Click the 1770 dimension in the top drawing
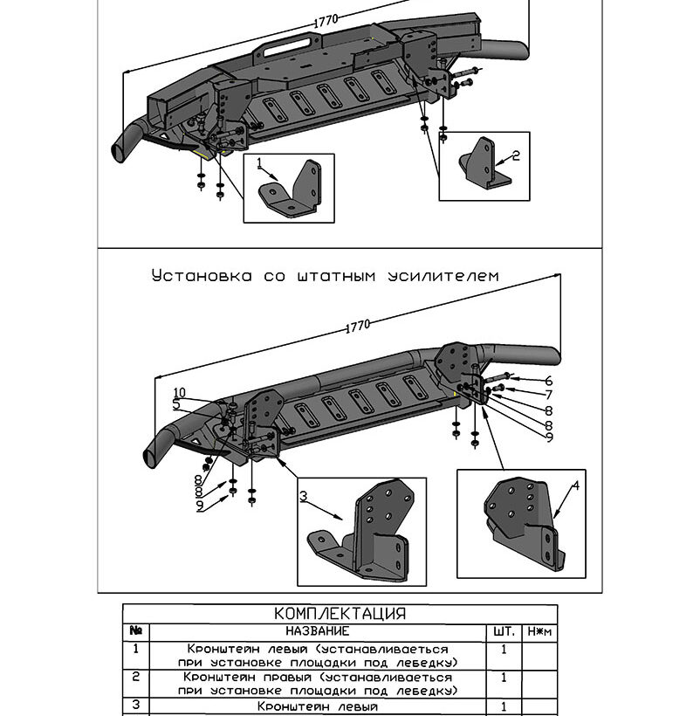click(326, 21)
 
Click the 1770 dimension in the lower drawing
click(358, 326)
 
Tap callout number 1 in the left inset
click(259, 162)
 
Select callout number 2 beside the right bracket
click(516, 155)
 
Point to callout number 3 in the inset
click(304, 496)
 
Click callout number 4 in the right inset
click(576, 485)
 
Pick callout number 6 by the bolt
click(548, 381)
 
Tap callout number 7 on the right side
click(549, 395)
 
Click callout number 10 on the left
click(180, 392)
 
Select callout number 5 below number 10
click(176, 403)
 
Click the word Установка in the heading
click(202, 276)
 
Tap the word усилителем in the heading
click(443, 276)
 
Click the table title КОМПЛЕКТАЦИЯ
click(340, 613)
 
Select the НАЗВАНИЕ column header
click(318, 631)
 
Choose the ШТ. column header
click(504, 631)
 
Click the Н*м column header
click(539, 631)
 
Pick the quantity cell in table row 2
click(504, 678)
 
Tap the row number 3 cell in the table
click(136, 705)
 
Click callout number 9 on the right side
click(549, 437)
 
